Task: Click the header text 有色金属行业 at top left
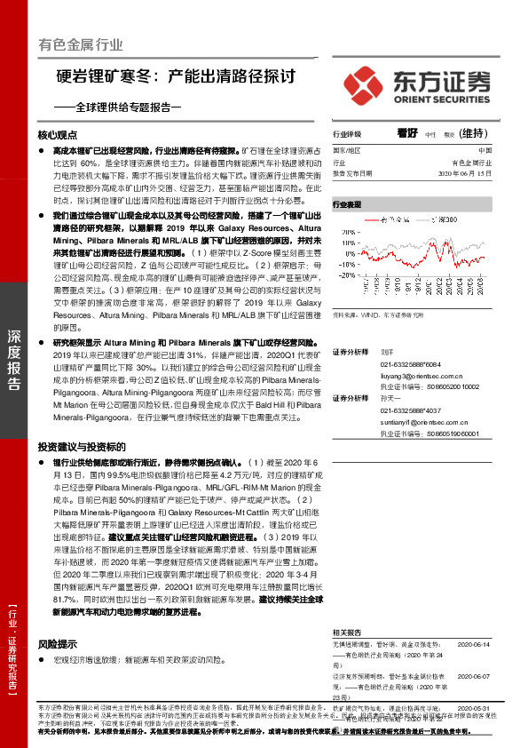click(x=81, y=44)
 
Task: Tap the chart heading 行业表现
click(x=347, y=204)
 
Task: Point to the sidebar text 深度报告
click(x=14, y=359)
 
